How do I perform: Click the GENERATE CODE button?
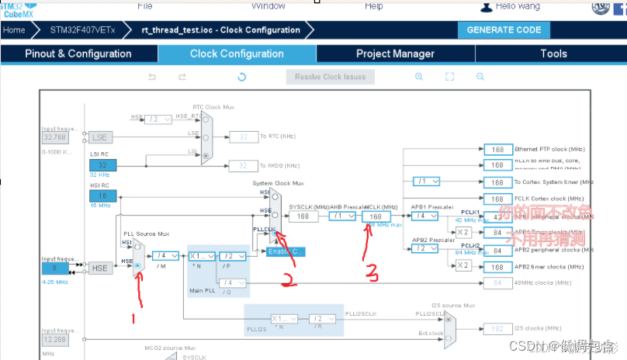504,29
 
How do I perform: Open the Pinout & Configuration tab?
78,54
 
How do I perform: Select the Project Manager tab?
395,54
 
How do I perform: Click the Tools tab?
553,54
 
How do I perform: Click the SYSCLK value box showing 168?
303,216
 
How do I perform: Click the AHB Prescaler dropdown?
342,216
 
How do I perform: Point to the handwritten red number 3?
373,272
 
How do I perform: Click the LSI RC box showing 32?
102,164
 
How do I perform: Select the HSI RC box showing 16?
102,197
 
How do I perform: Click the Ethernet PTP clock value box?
497,149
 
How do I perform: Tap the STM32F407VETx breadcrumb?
82,30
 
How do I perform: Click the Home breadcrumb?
14,30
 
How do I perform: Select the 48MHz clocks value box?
497,282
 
